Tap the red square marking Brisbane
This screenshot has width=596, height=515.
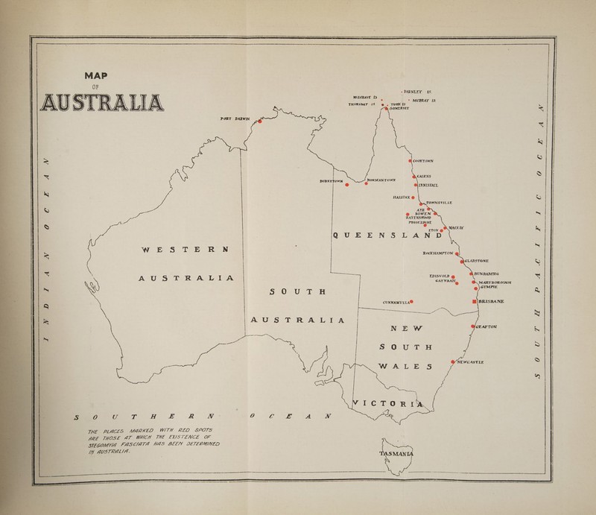474,301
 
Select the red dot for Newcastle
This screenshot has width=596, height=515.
452,361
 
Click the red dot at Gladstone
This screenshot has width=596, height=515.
462,262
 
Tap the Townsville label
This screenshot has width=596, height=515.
441,202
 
